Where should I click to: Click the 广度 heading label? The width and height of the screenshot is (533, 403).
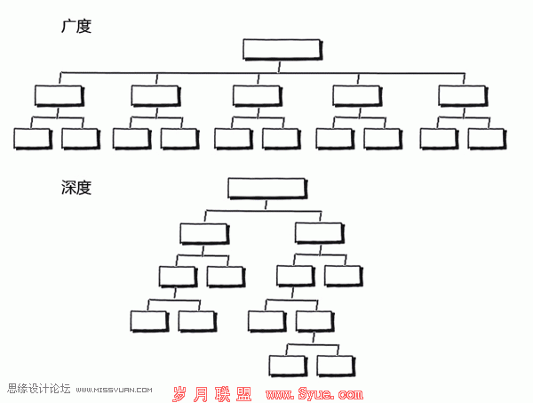(76, 26)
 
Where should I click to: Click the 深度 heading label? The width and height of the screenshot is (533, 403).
(76, 188)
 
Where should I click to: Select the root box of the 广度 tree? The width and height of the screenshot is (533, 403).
(282, 50)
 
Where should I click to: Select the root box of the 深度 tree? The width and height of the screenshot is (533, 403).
(267, 189)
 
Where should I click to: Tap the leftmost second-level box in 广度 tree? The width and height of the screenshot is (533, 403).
(60, 96)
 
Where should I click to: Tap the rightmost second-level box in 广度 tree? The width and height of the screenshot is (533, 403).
(464, 96)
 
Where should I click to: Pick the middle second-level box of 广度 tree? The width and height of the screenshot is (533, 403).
(258, 96)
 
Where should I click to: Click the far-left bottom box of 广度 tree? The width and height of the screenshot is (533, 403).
(33, 139)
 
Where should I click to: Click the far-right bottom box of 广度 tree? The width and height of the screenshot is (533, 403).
(487, 139)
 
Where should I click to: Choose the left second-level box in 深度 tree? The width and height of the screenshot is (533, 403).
(204, 233)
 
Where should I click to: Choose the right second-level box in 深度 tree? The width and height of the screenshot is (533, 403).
(320, 233)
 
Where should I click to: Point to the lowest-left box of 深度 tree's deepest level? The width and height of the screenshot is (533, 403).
(288, 367)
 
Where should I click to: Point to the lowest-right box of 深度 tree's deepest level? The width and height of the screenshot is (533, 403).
(336, 367)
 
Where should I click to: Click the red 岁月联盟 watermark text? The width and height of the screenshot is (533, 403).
(212, 394)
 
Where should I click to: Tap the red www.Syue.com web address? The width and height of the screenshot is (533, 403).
(314, 394)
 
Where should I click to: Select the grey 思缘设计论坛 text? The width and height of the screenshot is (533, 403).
(39, 389)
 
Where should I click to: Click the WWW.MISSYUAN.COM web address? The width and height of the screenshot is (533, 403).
(115, 390)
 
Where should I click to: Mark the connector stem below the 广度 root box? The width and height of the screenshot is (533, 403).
(279, 67)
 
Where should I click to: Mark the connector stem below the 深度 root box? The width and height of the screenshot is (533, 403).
(266, 206)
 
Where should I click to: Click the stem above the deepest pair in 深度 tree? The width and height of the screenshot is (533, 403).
(314, 338)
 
